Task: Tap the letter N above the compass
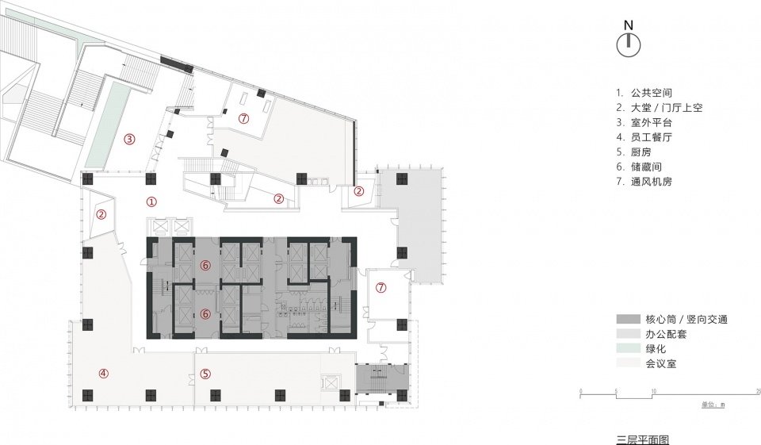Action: tap(629, 25)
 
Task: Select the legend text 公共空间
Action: tap(652, 93)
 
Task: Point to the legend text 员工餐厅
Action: tap(652, 137)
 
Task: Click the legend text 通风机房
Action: tap(652, 182)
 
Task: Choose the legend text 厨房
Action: tap(641, 152)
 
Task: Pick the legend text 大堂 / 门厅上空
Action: tap(667, 108)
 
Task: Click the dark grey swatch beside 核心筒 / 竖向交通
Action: tap(629, 319)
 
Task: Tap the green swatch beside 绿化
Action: tap(629, 348)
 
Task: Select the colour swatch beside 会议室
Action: tap(629, 363)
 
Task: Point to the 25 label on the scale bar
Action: tap(758, 391)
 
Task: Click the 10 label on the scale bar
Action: tap(654, 391)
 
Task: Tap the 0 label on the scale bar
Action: tap(581, 391)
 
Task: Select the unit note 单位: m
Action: tap(713, 405)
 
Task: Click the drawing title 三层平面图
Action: tap(643, 439)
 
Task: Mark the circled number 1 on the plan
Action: tap(151, 201)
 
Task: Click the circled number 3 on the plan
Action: tap(128, 140)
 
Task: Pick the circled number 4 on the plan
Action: tap(103, 374)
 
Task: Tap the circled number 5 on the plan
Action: tap(206, 374)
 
